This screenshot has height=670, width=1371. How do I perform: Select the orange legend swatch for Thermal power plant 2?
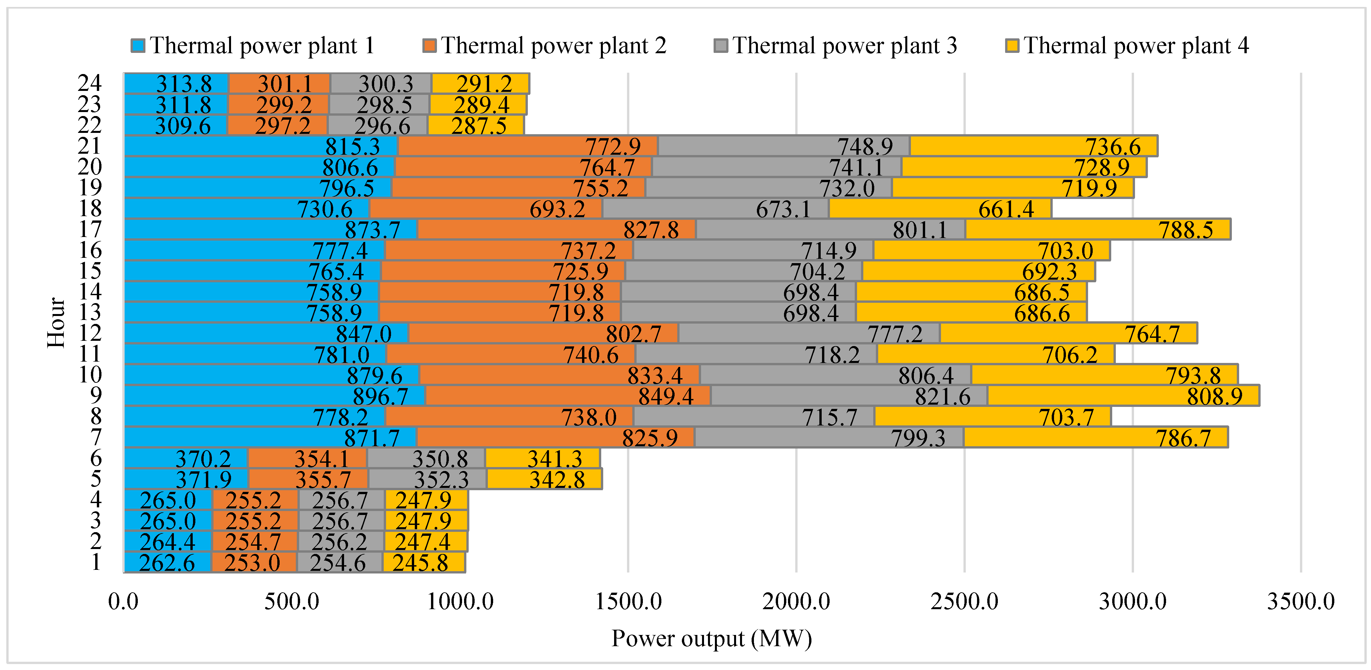click(x=429, y=46)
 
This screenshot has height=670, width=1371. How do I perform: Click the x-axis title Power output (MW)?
click(x=712, y=638)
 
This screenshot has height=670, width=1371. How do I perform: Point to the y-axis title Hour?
click(x=56, y=323)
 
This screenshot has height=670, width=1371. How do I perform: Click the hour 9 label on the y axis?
click(x=96, y=395)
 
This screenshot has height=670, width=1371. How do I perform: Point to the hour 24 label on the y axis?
click(x=90, y=83)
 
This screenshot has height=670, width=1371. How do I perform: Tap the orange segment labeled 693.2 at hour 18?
click(x=486, y=209)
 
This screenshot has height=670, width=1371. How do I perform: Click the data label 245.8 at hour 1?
click(x=420, y=563)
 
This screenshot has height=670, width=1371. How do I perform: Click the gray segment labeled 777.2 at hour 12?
click(x=809, y=334)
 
